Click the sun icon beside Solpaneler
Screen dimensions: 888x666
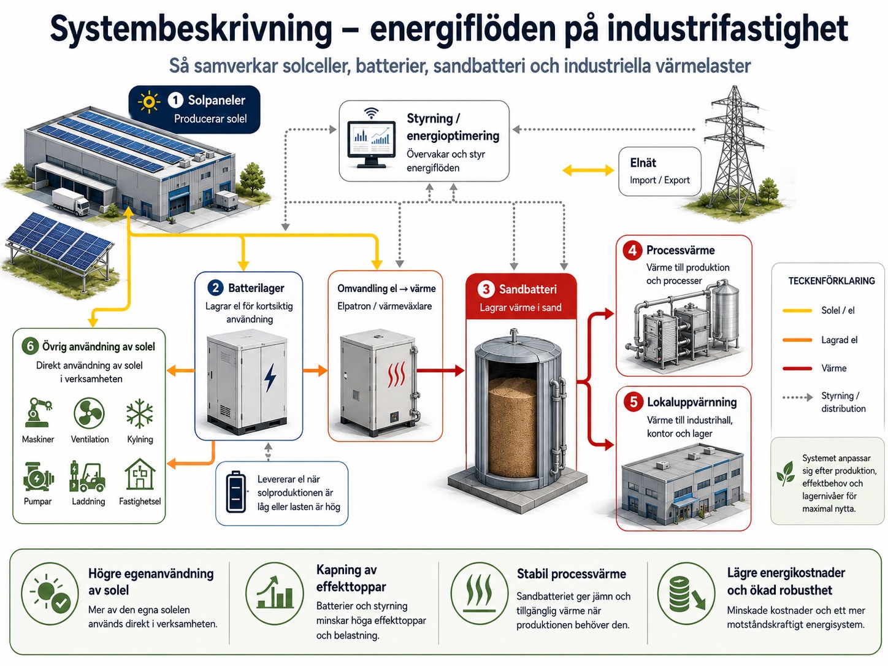click(148, 101)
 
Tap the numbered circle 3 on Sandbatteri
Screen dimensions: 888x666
click(486, 289)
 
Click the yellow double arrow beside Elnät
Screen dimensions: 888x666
click(588, 170)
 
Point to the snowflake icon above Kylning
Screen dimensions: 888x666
click(140, 414)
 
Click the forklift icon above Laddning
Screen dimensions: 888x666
click(88, 475)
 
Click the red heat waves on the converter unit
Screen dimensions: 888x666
click(396, 375)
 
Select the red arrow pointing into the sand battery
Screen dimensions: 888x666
click(440, 370)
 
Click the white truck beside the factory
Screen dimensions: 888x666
click(71, 201)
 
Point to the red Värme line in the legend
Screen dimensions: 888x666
click(797, 369)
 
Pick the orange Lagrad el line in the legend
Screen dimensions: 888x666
click(797, 340)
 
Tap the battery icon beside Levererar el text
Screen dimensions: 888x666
click(235, 492)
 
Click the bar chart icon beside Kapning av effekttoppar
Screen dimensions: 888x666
click(275, 592)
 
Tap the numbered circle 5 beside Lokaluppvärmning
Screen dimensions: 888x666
click(633, 402)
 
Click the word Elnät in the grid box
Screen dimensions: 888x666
click(643, 163)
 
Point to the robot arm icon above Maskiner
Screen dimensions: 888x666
click(38, 413)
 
